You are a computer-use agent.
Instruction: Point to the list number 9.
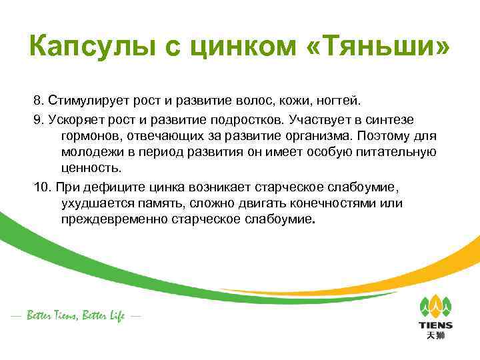37,119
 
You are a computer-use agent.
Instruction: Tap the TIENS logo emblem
435,307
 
